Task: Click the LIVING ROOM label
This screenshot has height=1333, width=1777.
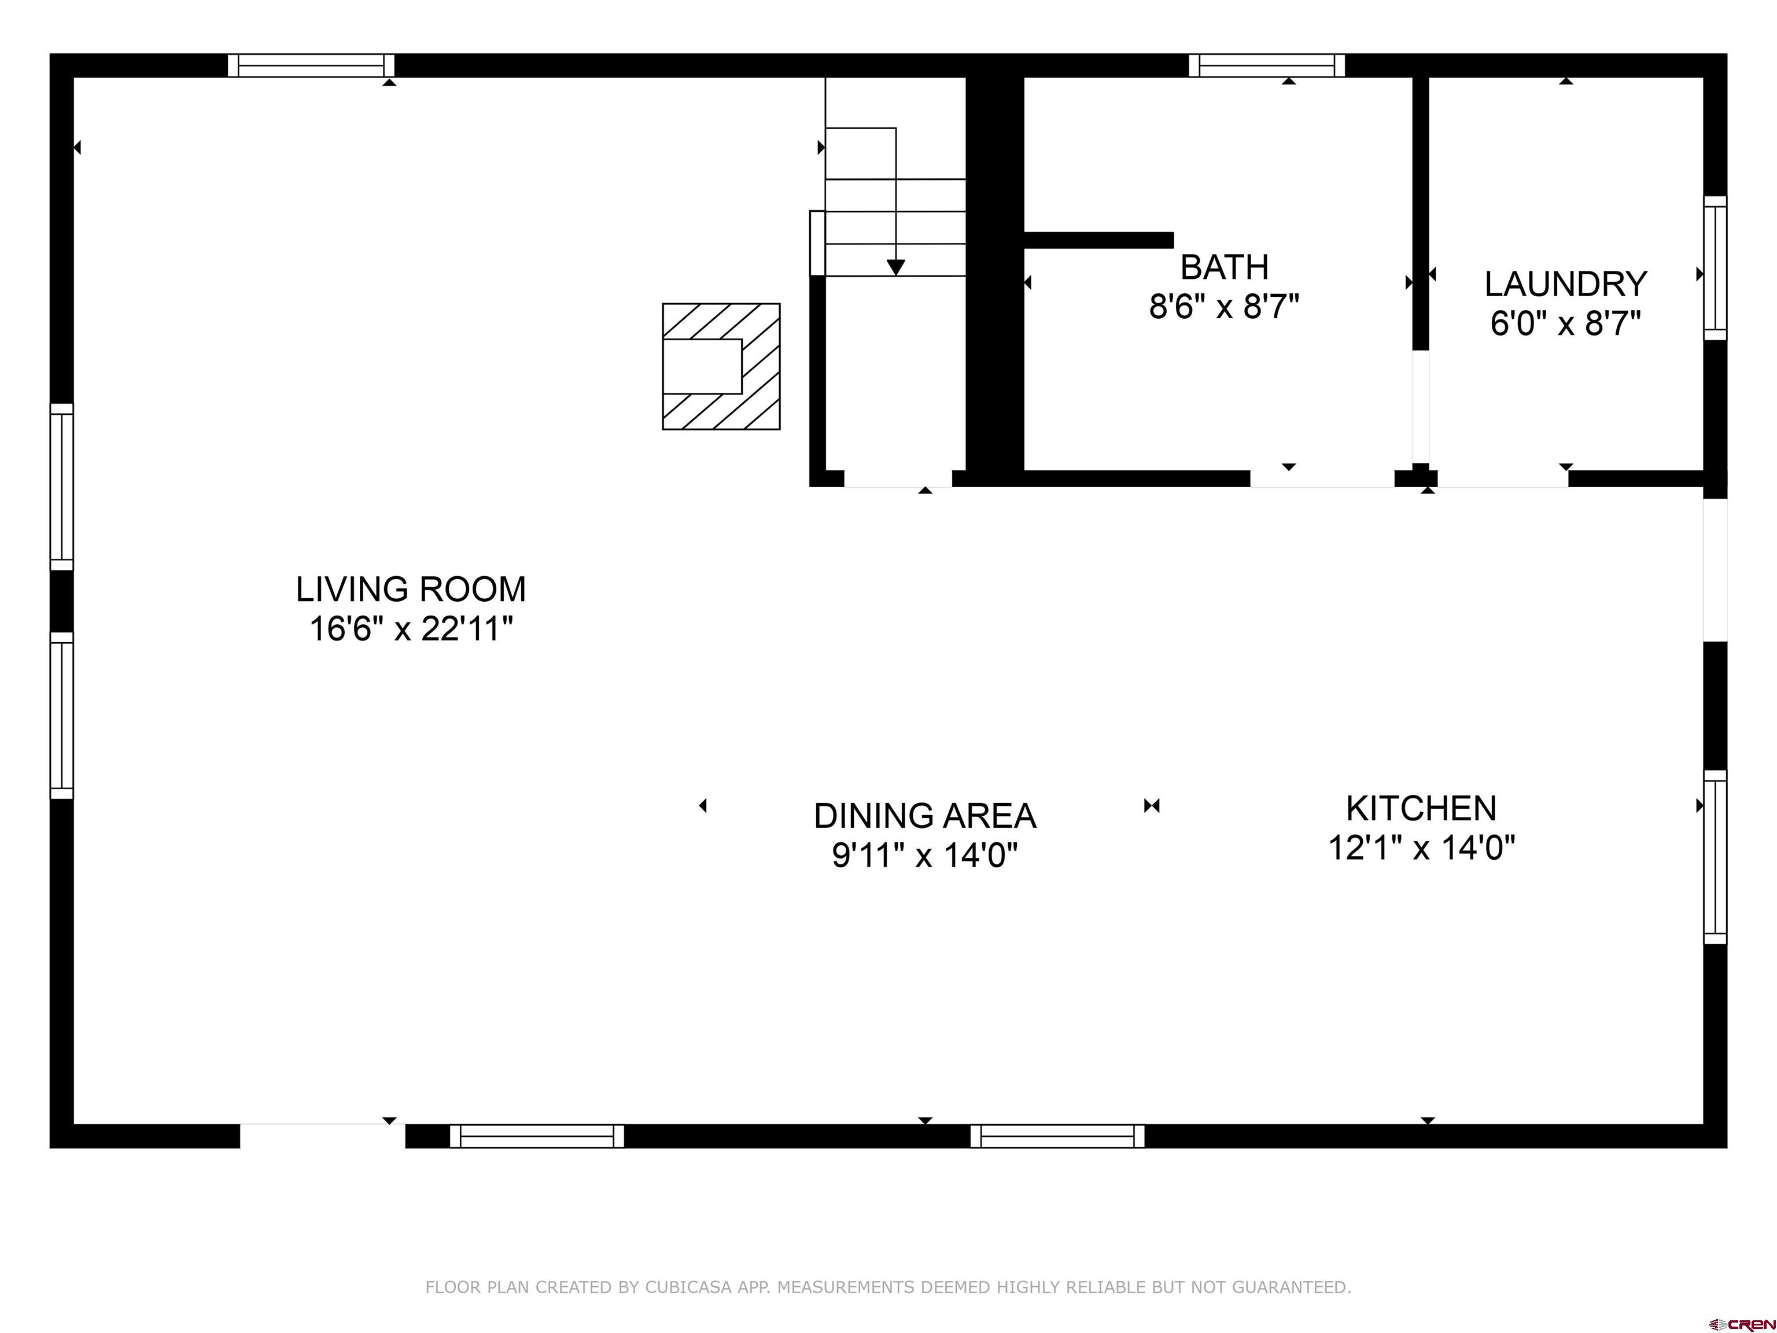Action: coord(411,590)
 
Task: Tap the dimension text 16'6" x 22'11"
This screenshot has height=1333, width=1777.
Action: coord(411,628)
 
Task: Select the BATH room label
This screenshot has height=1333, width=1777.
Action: coord(1225,267)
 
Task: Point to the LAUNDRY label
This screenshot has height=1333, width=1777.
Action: coord(1566,285)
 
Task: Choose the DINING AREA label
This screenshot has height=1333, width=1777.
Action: coord(924,816)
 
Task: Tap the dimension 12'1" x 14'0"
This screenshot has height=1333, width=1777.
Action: coord(1421,848)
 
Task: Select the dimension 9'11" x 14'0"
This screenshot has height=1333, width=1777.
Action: coord(924,855)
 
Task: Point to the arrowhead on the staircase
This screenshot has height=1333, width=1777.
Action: coord(895,267)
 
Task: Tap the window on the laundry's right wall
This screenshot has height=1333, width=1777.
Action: coord(1715,268)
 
